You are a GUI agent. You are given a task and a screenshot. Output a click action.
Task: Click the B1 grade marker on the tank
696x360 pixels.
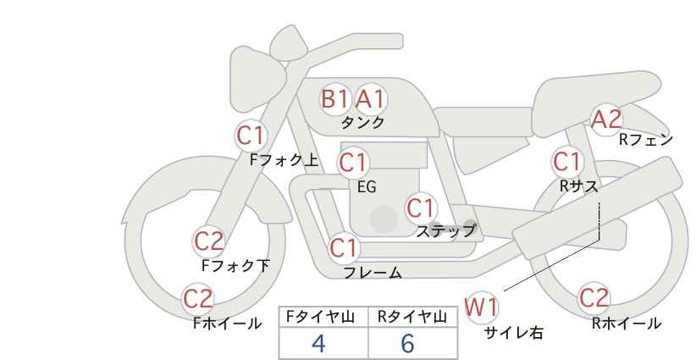pyautogui.click(x=334, y=99)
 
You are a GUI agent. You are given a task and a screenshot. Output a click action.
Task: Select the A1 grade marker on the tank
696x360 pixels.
pyautogui.click(x=370, y=99)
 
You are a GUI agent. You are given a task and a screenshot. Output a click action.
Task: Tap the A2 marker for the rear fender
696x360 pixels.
pyautogui.click(x=607, y=119)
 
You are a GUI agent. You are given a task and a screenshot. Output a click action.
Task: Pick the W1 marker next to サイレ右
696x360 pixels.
pyautogui.click(x=482, y=307)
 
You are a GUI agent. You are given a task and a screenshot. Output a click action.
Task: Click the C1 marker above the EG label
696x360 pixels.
pyautogui.click(x=353, y=163)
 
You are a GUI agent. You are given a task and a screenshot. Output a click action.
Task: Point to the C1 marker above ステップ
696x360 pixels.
pyautogui.click(x=421, y=208)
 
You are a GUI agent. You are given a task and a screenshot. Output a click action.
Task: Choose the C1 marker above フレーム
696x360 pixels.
pyautogui.click(x=344, y=248)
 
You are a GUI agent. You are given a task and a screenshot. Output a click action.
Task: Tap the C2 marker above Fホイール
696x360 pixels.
pyautogui.click(x=198, y=299)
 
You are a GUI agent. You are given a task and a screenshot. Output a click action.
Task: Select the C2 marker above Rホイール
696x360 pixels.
pyautogui.click(x=594, y=298)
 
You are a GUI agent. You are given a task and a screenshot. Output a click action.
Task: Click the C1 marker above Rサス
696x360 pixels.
pyautogui.click(x=567, y=162)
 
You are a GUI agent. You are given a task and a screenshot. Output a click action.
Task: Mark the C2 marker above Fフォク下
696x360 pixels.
pyautogui.click(x=208, y=242)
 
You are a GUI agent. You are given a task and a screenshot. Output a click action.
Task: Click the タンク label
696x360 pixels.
pyautogui.click(x=362, y=123)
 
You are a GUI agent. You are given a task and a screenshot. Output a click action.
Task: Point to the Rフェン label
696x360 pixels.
pyautogui.click(x=646, y=140)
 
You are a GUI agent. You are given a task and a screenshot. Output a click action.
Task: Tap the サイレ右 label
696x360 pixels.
pyautogui.click(x=513, y=333)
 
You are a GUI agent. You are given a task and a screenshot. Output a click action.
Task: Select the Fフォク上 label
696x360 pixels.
pyautogui.click(x=284, y=160)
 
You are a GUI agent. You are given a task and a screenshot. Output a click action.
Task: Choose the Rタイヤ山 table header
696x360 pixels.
pyautogui.click(x=412, y=317)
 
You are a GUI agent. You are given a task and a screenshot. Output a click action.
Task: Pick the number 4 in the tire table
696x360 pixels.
pyautogui.click(x=318, y=343)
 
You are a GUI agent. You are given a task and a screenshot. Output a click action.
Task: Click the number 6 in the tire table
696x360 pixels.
pyautogui.click(x=407, y=343)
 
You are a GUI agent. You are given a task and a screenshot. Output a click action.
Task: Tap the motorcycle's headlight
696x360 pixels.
pyautogui.click(x=257, y=80)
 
